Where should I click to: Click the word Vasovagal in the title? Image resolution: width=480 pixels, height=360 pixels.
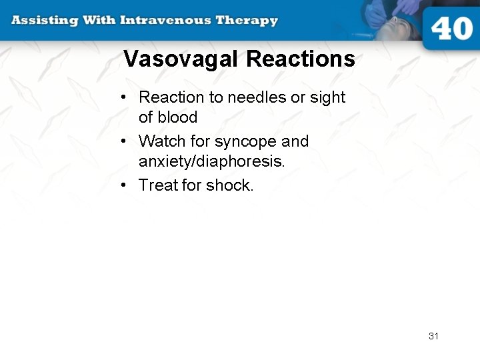(x=181, y=59)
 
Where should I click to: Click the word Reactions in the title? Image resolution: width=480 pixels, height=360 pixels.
(x=300, y=59)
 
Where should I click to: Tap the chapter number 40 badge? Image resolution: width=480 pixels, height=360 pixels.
(x=451, y=30)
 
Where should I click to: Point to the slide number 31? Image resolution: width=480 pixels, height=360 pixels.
(x=433, y=336)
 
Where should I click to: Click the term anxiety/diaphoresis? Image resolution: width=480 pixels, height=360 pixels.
(x=211, y=161)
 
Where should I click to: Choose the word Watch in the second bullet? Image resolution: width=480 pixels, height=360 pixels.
(x=157, y=141)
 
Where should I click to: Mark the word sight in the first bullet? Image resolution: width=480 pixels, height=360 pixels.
(x=327, y=97)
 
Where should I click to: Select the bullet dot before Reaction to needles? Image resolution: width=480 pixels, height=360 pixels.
(x=125, y=98)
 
